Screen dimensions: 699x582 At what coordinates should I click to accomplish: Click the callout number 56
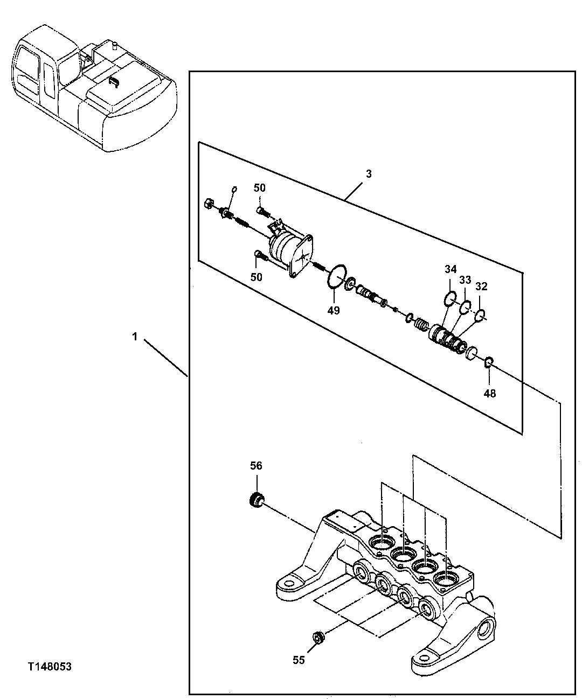[256, 466]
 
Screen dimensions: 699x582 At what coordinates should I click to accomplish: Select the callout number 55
[298, 660]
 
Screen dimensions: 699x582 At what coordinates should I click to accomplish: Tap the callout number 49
[334, 310]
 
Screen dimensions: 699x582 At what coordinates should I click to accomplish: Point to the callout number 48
[489, 393]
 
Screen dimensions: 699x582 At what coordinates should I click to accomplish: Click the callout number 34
[451, 269]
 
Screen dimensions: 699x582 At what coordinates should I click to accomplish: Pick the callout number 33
[465, 280]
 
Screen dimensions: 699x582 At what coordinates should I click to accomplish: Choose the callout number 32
[481, 286]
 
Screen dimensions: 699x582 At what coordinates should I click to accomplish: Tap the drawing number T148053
[50, 667]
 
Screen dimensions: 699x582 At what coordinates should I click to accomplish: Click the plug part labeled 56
[257, 499]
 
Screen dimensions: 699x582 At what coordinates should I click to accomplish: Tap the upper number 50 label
[260, 187]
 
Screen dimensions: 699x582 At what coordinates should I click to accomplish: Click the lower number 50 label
[257, 277]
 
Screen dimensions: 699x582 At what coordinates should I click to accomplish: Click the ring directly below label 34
[451, 298]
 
